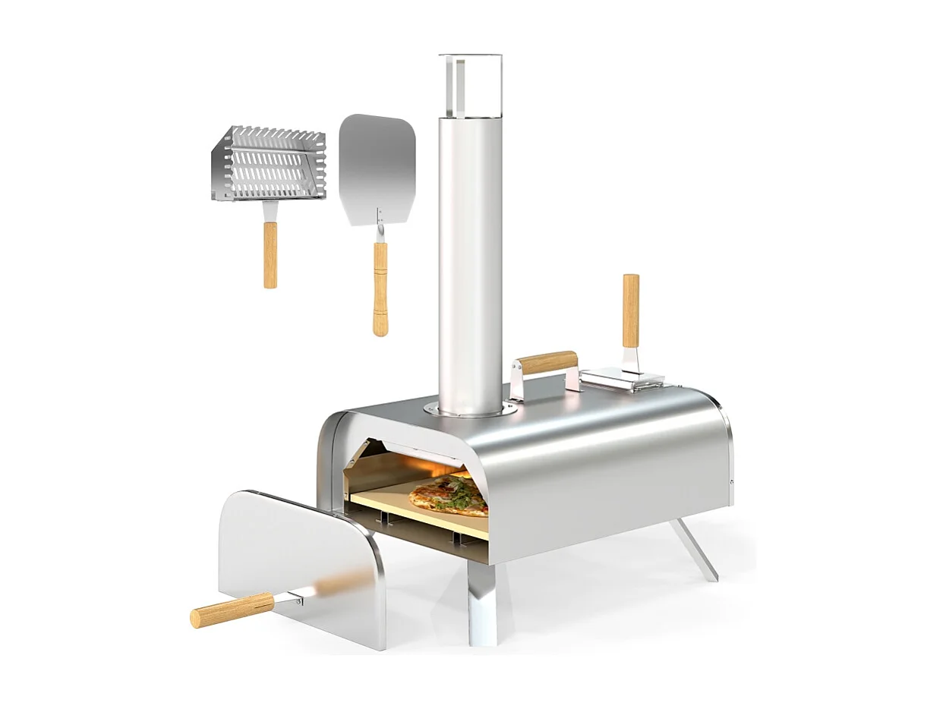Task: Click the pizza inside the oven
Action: (x=448, y=496)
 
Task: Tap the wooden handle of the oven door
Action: (x=231, y=609)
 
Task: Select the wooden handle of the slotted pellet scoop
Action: (x=270, y=254)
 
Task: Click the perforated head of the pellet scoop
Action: (x=270, y=162)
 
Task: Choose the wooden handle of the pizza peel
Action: (x=380, y=288)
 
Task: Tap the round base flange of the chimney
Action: (x=471, y=411)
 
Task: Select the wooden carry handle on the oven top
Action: (x=548, y=362)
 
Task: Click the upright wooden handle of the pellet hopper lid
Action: (x=631, y=310)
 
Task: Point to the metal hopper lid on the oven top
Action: (x=619, y=377)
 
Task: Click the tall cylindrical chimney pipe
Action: (x=470, y=258)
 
